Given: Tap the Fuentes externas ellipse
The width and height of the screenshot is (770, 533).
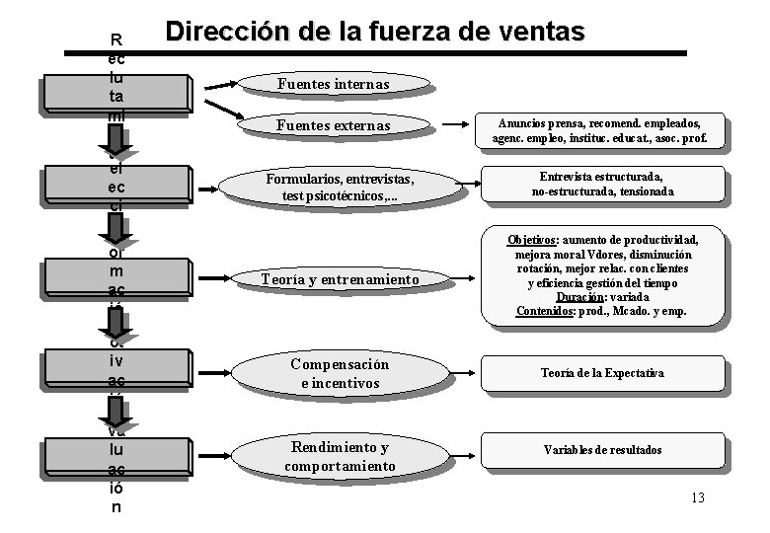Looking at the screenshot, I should point(333,126).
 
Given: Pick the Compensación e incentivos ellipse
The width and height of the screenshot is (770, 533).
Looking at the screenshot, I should point(339,373).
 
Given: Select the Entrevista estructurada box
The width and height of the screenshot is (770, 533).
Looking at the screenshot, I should point(601,184).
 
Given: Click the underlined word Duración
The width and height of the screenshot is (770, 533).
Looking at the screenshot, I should point(578,297).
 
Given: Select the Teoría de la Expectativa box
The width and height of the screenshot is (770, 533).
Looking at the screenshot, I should point(601,373).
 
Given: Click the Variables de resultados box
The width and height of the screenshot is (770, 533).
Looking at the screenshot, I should point(602,450).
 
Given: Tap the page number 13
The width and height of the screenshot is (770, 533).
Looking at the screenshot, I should point(697,497).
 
